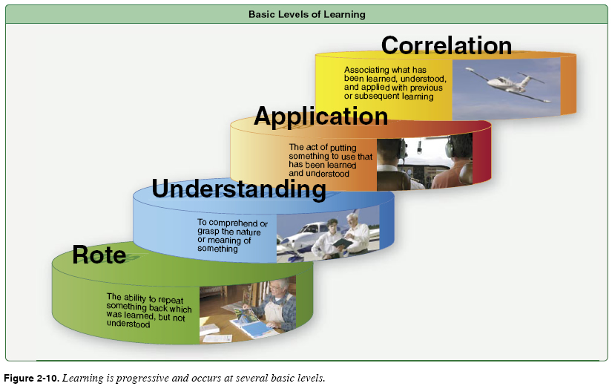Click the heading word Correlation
[446, 46]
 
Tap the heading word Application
[320, 117]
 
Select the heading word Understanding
[238, 189]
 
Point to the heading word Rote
[99, 255]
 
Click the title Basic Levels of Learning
[306, 14]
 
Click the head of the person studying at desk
[275, 287]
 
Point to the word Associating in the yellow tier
[365, 70]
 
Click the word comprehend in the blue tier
[231, 222]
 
